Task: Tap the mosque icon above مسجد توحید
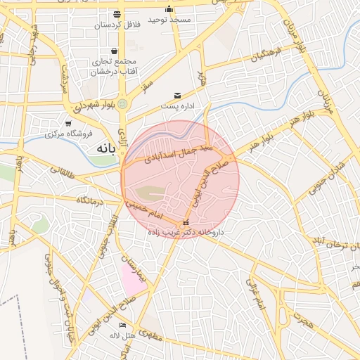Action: [169, 9]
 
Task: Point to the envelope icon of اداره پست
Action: [176, 95]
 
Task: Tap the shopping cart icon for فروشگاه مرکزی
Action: [68, 124]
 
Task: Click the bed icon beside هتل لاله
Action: [123, 325]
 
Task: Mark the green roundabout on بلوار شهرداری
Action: [123, 104]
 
